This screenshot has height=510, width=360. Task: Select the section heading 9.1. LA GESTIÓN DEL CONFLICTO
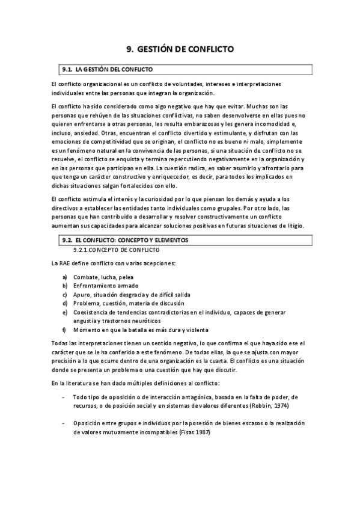tap(108, 70)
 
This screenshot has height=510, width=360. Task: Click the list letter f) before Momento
tap(64, 330)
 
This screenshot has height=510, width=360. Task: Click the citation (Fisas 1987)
tap(195, 432)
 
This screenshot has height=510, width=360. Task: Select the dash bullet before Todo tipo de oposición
tap(64, 397)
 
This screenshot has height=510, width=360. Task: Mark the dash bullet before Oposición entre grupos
tap(64, 423)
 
